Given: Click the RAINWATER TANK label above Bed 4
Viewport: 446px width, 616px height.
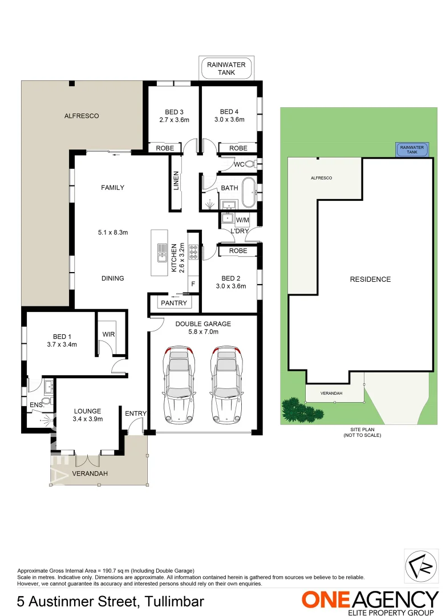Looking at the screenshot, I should pyautogui.click(x=226, y=68).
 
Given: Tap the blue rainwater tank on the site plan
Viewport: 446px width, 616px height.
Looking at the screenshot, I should pyautogui.click(x=412, y=150).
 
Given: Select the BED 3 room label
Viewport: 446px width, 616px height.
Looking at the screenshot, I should pyautogui.click(x=174, y=112).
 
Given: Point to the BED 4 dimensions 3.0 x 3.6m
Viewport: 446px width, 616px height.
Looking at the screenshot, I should pyautogui.click(x=229, y=120).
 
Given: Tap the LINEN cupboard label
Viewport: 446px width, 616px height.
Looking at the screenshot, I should pyautogui.click(x=176, y=181).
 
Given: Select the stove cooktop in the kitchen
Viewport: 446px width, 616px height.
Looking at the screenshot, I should pyautogui.click(x=193, y=251).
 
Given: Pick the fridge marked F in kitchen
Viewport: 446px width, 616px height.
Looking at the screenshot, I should pyautogui.click(x=193, y=283).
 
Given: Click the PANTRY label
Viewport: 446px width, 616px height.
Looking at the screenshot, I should pyautogui.click(x=173, y=303).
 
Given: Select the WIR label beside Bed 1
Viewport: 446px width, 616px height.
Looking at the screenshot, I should pyautogui.click(x=108, y=334).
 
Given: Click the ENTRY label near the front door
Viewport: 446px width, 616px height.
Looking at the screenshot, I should pyautogui.click(x=135, y=414).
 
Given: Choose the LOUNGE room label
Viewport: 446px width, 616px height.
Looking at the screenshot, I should pyautogui.click(x=87, y=411).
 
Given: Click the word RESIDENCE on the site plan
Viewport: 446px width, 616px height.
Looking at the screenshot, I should pyautogui.click(x=370, y=279).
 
